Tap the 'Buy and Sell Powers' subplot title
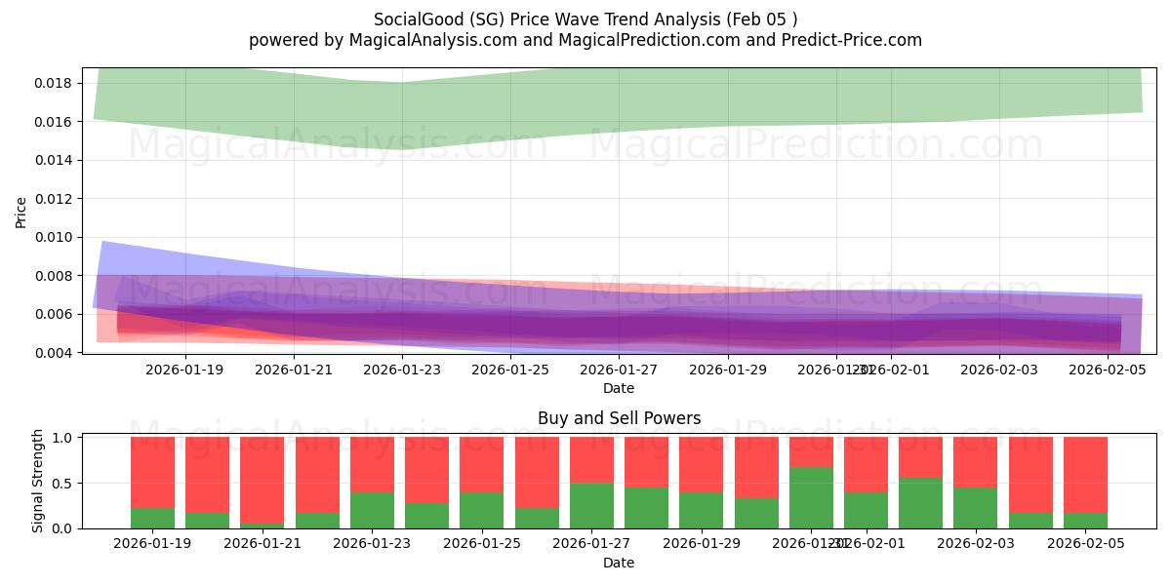pyautogui.click(x=619, y=418)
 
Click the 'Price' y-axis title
pyautogui.click(x=21, y=213)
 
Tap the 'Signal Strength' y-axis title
pyautogui.click(x=38, y=481)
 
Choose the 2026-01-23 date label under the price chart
pyautogui.click(x=402, y=370)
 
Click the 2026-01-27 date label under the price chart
pyautogui.click(x=619, y=370)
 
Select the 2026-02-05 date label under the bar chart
pyautogui.click(x=1086, y=544)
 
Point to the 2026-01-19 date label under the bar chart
pyautogui.click(x=152, y=544)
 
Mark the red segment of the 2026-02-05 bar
pyautogui.click(x=1085, y=474)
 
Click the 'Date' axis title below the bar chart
pyautogui.click(x=619, y=563)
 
